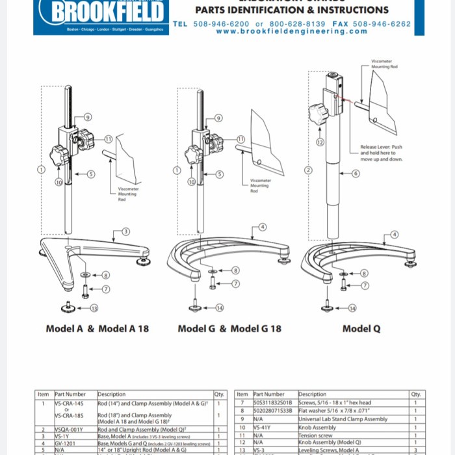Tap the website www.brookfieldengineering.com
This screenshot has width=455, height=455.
pos(291,31)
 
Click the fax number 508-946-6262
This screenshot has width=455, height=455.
pos(382,23)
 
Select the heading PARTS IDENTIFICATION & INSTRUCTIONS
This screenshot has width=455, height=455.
pos(292,10)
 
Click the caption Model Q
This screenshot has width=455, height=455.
pos(361,328)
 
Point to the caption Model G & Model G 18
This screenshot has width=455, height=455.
pos(229,328)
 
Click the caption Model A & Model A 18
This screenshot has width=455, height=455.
pos(97,328)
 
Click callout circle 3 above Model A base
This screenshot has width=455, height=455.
pos(125,231)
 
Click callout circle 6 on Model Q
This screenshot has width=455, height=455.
pos(355,174)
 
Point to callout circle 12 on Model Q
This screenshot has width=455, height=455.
pos(320,142)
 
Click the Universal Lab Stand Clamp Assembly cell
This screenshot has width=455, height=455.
pos(343,419)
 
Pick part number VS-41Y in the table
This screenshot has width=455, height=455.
pos(263,428)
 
